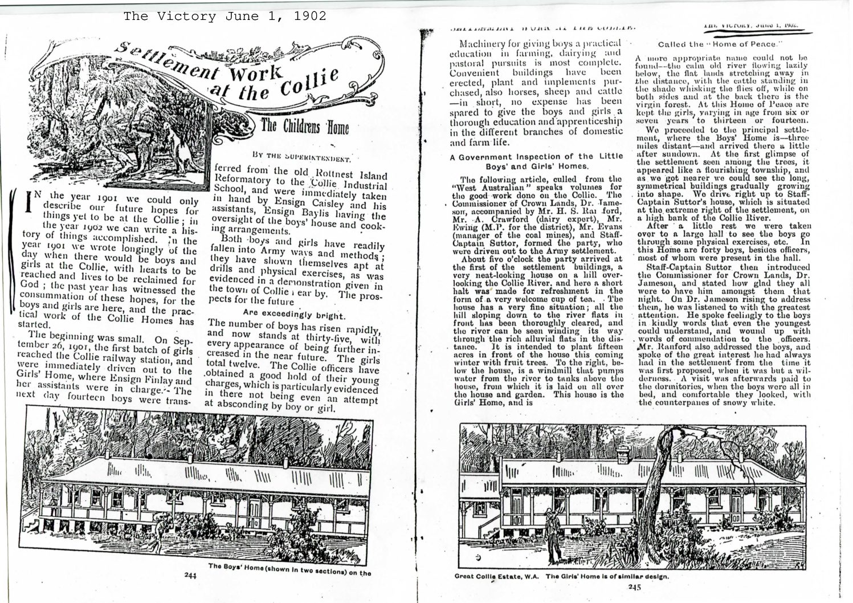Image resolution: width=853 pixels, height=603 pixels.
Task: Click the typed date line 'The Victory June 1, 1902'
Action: point(225,16)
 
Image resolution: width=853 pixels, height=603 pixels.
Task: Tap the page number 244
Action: point(191,575)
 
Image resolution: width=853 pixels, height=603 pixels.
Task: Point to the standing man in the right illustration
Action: point(552,530)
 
